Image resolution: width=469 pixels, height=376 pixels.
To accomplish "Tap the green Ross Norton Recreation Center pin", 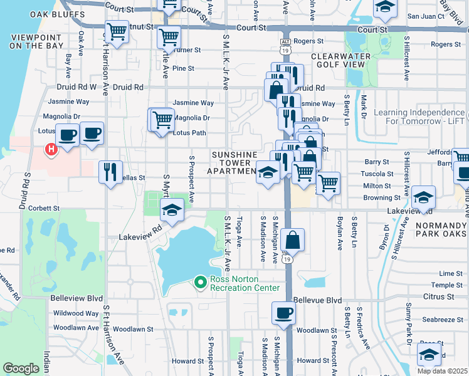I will tap(201, 283).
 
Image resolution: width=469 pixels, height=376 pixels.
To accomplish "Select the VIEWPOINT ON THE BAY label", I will tap(34, 42).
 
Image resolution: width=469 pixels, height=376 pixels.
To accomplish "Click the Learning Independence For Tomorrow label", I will tap(420, 117).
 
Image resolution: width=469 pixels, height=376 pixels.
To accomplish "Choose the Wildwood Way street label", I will tap(75, 313).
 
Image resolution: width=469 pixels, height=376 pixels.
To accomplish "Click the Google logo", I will tap(21, 368).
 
